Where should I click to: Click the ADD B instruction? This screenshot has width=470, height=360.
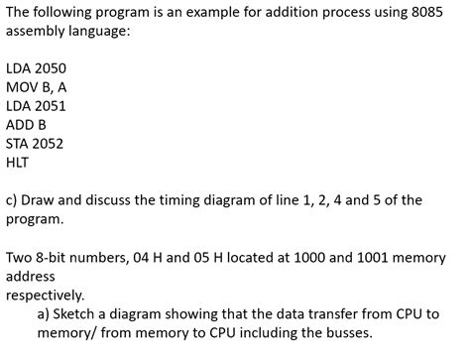tap(27, 125)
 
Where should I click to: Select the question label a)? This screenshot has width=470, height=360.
tap(45, 313)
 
